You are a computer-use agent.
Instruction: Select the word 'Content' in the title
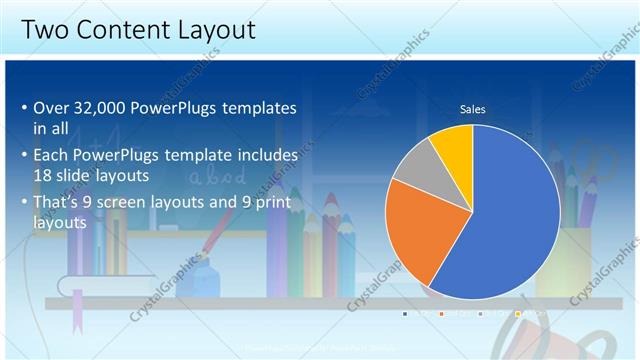[x=127, y=30]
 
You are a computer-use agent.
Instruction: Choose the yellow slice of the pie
[x=453, y=140]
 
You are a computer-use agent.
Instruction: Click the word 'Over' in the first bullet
[x=50, y=108]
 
